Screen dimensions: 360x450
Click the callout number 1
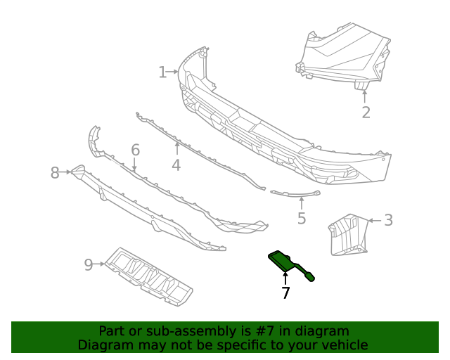tap(162, 72)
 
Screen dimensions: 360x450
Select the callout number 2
tap(366, 112)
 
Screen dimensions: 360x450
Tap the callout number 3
tap(388, 220)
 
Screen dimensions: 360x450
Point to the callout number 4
tap(176, 165)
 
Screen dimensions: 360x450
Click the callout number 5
tap(302, 219)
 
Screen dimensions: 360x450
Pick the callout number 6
tap(135, 150)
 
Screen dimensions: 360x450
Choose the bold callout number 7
tap(285, 293)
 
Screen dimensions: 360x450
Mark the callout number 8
tap(55, 173)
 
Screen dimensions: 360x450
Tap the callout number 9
tap(89, 264)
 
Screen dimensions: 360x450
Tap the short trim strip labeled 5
tap(295, 192)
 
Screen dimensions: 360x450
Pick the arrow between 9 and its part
tap(100, 264)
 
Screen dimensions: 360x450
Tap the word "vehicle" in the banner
tap(345, 345)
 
